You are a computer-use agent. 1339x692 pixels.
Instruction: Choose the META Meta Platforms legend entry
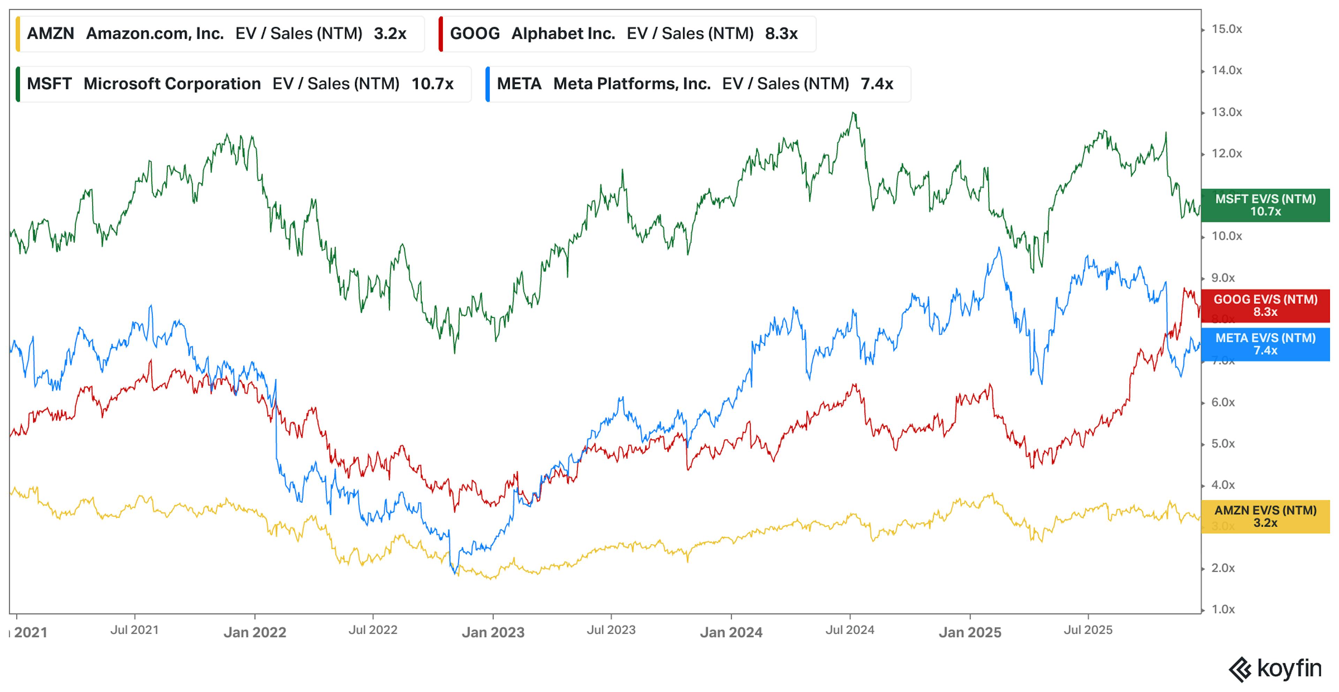(697, 84)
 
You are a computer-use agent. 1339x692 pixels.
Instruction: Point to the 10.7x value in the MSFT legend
(432, 84)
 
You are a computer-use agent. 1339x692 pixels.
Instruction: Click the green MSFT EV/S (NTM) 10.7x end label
(1265, 205)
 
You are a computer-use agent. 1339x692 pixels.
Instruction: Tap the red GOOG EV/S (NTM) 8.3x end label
(1265, 306)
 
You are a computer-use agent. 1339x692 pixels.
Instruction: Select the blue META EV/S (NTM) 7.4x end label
(1265, 344)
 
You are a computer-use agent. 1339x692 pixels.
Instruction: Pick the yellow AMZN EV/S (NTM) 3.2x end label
(1265, 516)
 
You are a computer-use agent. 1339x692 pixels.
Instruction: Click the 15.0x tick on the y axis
(1226, 29)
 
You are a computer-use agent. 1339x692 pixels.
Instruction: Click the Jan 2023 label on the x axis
(493, 632)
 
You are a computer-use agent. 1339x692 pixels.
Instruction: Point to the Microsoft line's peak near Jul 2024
(854, 113)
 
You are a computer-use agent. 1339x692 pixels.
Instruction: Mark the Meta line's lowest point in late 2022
(456, 573)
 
